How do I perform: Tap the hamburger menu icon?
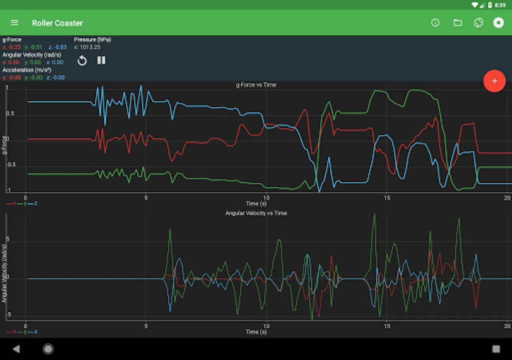pyautogui.click(x=14, y=23)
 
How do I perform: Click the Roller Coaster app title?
pyautogui.click(x=57, y=23)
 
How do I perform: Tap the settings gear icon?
pyautogui.click(x=498, y=23)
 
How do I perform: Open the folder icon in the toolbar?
pyautogui.click(x=458, y=23)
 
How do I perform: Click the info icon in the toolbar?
pyautogui.click(x=435, y=23)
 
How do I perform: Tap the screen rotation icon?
pyautogui.click(x=478, y=23)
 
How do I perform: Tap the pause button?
pyautogui.click(x=101, y=60)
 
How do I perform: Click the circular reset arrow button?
pyautogui.click(x=82, y=61)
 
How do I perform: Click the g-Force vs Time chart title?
pyautogui.click(x=256, y=85)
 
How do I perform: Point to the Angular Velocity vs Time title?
pyautogui.click(x=256, y=213)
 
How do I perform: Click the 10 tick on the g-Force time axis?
pyautogui.click(x=266, y=198)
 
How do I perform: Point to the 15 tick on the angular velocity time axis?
pyautogui.click(x=387, y=326)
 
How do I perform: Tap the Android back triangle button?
pyautogui.click(x=16, y=349)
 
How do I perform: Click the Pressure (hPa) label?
pyautogui.click(x=92, y=40)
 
